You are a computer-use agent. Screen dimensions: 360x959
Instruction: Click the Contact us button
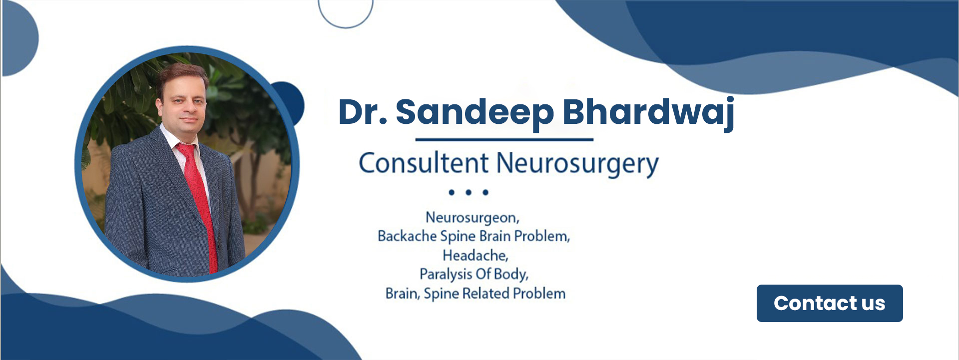(x=829, y=303)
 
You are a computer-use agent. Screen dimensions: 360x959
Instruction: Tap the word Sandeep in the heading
(x=475, y=112)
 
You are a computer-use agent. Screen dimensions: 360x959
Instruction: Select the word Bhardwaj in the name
(x=648, y=112)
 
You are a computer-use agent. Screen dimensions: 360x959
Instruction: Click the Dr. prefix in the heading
(x=362, y=112)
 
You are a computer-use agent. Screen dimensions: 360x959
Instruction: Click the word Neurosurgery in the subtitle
(x=577, y=164)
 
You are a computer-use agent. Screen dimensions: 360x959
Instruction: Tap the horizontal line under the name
(x=504, y=139)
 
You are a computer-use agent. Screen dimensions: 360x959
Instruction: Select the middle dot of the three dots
(x=469, y=192)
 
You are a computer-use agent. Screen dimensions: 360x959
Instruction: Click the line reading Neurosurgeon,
(x=473, y=218)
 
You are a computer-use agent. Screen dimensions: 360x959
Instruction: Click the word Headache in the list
(x=475, y=255)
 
